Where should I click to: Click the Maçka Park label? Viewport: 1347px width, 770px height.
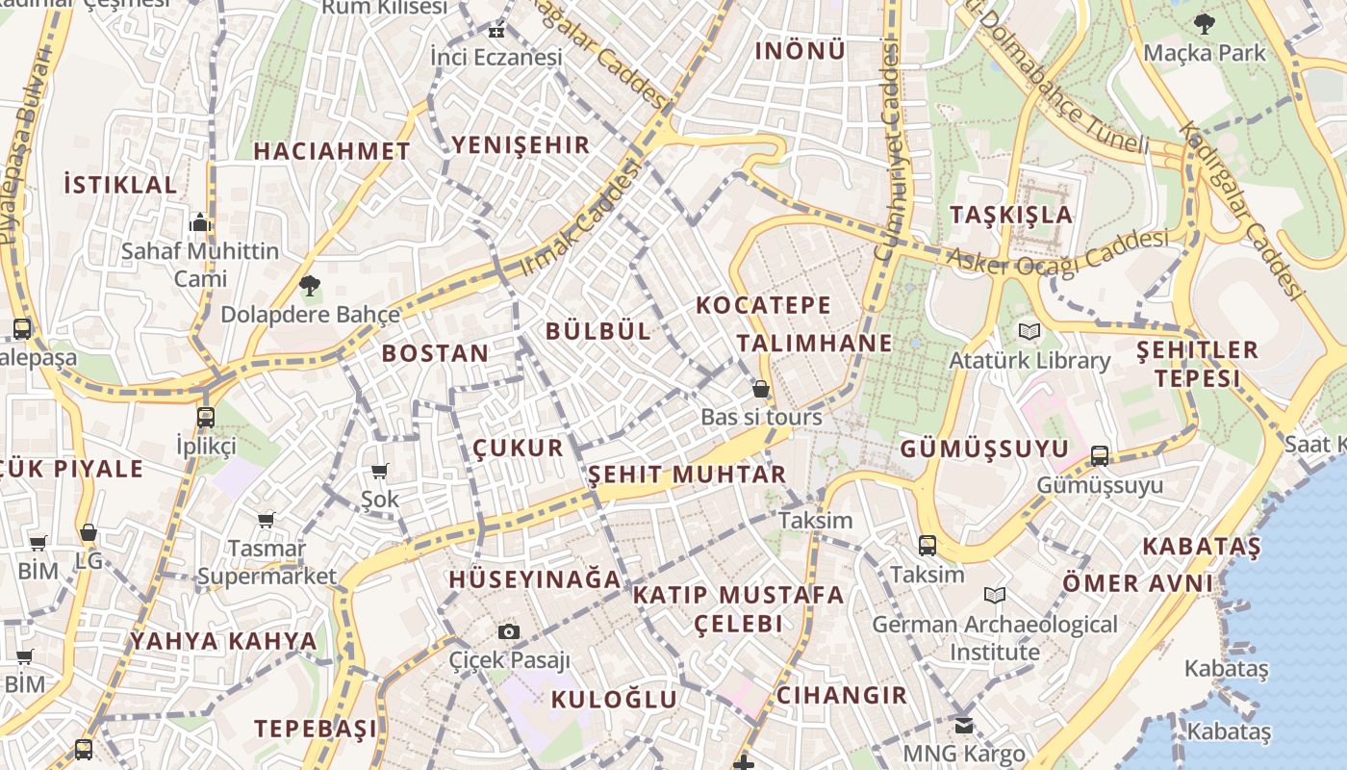[1205, 52]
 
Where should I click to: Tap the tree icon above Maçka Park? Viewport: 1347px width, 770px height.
[1204, 23]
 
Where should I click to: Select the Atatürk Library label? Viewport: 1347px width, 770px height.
[1029, 361]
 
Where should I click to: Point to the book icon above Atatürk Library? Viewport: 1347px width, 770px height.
[1029, 332]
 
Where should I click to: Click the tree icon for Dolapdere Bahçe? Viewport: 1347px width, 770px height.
[309, 285]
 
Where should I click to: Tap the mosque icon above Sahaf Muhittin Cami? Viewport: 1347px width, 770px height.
[200, 223]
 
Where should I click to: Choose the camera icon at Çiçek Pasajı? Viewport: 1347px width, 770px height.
[509, 631]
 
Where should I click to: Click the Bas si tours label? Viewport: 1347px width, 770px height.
[761, 417]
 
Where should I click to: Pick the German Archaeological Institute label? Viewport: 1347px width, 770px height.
[995, 638]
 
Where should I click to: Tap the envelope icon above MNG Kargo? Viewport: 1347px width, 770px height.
[964, 725]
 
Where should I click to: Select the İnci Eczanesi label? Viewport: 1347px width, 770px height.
[496, 57]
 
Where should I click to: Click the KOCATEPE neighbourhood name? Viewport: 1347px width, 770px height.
[763, 306]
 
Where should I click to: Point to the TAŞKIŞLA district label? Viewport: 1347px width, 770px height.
[1010, 215]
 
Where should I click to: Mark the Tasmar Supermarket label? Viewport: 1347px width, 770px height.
[267, 563]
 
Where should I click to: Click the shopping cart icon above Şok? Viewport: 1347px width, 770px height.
[379, 471]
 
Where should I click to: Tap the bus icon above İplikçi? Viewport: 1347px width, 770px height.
[206, 418]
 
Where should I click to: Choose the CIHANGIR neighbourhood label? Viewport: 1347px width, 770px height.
[841, 695]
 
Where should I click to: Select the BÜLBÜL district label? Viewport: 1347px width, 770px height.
[597, 331]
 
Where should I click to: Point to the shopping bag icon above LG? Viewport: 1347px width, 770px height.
[89, 532]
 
